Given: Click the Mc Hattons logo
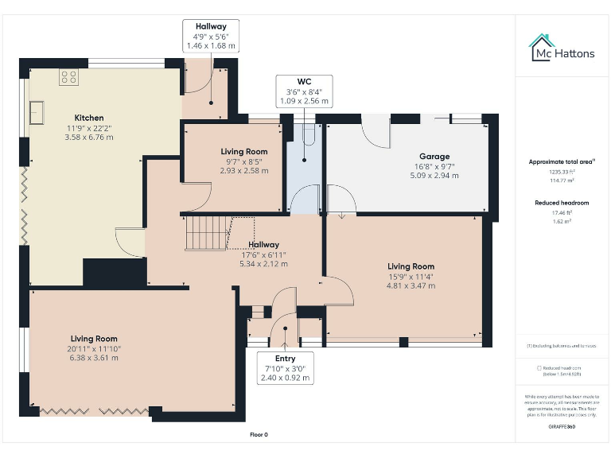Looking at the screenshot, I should coord(562,48).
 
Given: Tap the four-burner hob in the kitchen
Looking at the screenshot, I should coord(69,78).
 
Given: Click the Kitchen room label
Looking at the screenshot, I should coord(88,117).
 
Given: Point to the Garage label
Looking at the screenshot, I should coord(434,157).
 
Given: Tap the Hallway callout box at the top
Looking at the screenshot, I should coord(211,37).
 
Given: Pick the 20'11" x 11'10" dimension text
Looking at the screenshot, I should coord(93,348).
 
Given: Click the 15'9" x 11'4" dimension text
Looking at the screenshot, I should coord(411,277).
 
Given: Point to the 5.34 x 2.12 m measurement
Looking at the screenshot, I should coord(263,263).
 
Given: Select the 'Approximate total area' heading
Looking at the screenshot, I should coord(562,161).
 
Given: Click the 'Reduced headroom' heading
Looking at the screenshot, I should coord(562,203).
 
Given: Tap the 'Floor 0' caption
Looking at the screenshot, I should coord(259,435).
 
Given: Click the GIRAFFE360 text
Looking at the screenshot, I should coord(562,427).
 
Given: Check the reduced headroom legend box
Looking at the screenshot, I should coord(540,368).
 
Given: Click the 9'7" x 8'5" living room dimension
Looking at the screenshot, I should coord(243,161).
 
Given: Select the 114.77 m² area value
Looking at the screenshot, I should coord(562,180).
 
